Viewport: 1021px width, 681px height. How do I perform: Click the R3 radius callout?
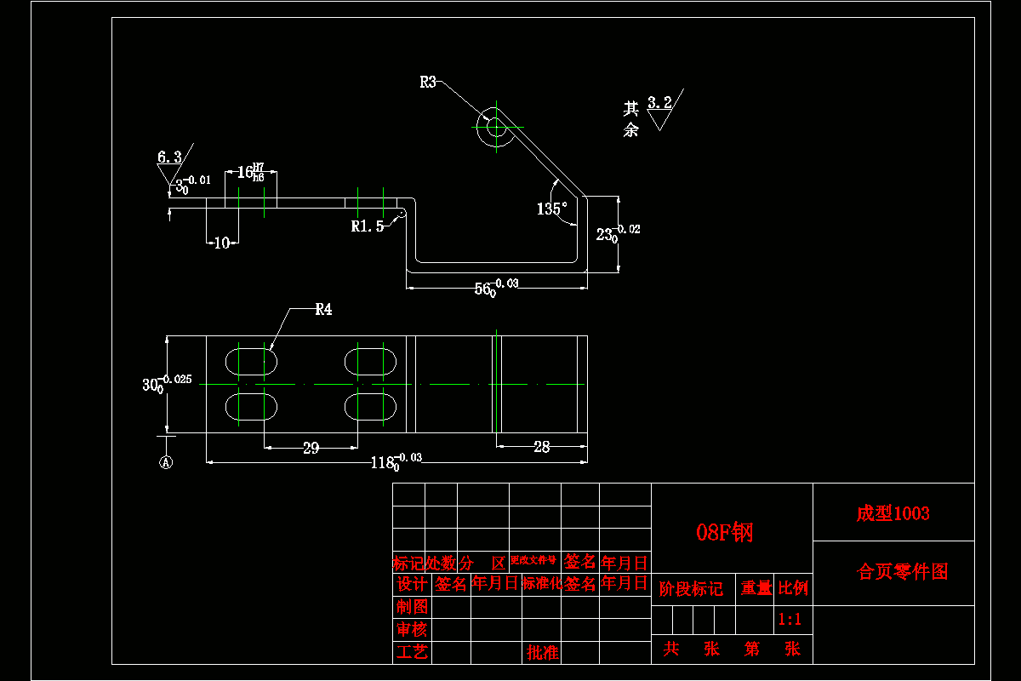coord(427,83)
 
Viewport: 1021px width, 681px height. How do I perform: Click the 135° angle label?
coord(552,209)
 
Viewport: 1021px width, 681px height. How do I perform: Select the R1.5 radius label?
coord(368,226)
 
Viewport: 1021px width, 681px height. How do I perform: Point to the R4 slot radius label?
coord(323,310)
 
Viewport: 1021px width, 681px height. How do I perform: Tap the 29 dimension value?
coord(311,449)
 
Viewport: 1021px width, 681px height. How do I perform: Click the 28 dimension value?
coord(541,447)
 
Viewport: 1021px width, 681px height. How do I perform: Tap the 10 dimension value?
coord(222,243)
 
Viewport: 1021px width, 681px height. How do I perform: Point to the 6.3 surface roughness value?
coord(169,157)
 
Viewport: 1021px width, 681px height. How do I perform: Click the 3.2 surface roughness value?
coord(659,103)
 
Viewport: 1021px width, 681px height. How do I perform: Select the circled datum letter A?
coord(167,462)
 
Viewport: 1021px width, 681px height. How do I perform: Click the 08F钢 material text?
coord(725,533)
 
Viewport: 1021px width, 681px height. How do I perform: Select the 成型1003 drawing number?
coord(893,513)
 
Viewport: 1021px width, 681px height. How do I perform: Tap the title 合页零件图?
coord(902,572)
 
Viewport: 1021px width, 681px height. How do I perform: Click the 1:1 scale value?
coord(790,620)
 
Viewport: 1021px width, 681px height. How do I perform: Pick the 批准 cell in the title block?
coord(543,653)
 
